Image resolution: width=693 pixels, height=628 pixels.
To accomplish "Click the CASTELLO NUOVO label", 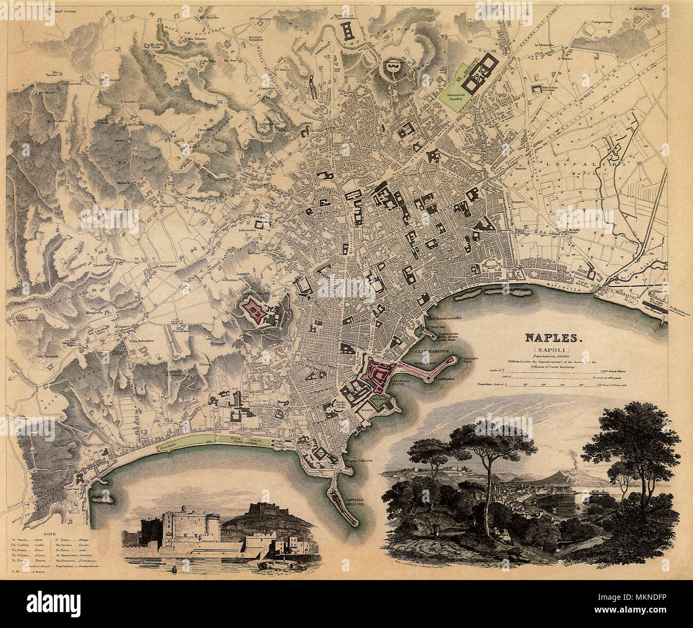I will [401, 384].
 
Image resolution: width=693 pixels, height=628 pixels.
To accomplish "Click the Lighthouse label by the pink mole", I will [444, 379].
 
